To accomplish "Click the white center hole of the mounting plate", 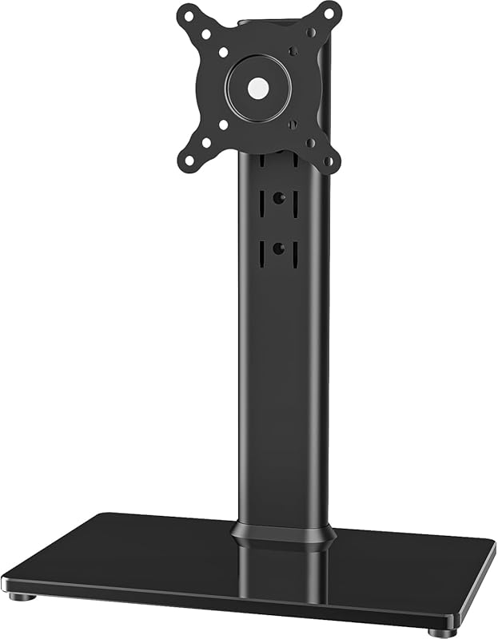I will (257, 87).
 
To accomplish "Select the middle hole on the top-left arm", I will (206, 34).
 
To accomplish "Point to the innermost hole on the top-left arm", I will (223, 52).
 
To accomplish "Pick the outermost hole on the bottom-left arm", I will (189, 160).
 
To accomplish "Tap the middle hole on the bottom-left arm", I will (206, 142).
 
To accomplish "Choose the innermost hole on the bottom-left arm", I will (223, 125).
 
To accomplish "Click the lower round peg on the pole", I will (277, 248).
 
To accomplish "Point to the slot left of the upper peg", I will (260, 203).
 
